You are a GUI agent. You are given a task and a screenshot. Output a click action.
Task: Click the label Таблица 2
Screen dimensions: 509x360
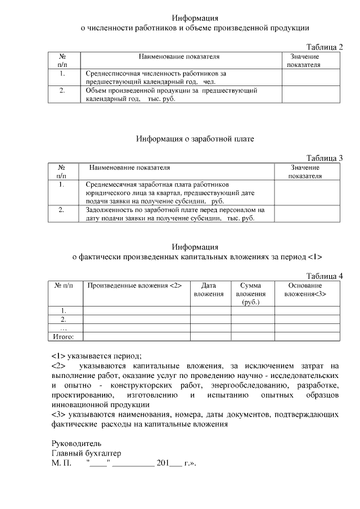click(324, 46)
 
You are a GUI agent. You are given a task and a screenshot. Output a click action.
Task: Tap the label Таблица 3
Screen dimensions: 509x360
click(324, 157)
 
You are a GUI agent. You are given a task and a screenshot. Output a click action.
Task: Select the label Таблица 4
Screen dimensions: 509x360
click(324, 275)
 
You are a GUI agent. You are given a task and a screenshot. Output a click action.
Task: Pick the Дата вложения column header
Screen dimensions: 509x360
click(209, 289)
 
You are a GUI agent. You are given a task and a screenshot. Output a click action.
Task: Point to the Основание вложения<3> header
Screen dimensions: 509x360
click(305, 289)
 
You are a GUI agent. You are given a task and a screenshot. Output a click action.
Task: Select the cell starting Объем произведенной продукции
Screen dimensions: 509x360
click(172, 94)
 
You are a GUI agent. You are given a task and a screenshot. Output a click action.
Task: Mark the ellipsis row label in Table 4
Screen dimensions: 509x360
click(64, 328)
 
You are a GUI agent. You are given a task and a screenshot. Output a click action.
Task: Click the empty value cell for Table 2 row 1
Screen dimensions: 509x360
click(312, 77)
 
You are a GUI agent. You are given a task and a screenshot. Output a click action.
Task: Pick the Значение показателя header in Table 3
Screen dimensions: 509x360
click(305, 171)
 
